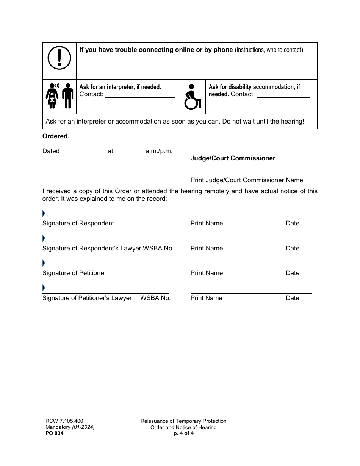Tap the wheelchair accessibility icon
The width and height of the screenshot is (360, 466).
193,97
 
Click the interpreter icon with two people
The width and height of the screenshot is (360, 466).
59,96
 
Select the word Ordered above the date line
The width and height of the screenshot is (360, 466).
56,136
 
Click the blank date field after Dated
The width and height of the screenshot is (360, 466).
83,151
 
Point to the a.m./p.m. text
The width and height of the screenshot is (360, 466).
159,151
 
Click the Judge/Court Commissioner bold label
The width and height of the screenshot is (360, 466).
233,158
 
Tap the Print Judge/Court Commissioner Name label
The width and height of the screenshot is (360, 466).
247,180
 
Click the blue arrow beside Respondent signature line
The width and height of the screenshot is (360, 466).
44,214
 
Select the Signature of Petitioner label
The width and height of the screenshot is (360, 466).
74,273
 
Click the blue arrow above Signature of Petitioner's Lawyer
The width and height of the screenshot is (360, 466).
44,288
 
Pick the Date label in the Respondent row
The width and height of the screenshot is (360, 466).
293,224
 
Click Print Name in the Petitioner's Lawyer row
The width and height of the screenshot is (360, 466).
207,298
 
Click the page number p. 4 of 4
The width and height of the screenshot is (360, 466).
183,434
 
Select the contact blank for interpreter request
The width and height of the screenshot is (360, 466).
139,95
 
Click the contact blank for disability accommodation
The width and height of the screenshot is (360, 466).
283,95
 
